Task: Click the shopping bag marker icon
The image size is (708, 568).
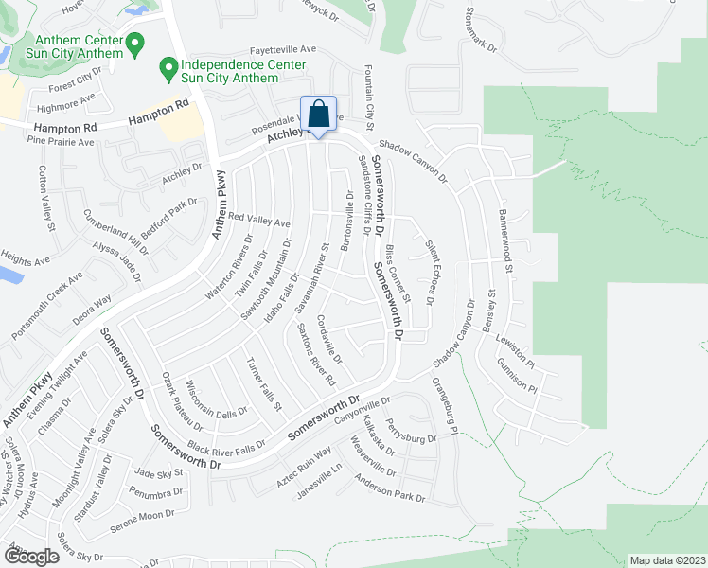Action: pyautogui.click(x=319, y=114)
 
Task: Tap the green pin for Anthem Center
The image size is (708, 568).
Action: pyautogui.click(x=134, y=43)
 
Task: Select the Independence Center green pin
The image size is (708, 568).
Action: pyautogui.click(x=168, y=67)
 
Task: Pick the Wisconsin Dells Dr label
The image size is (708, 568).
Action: pyautogui.click(x=217, y=400)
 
